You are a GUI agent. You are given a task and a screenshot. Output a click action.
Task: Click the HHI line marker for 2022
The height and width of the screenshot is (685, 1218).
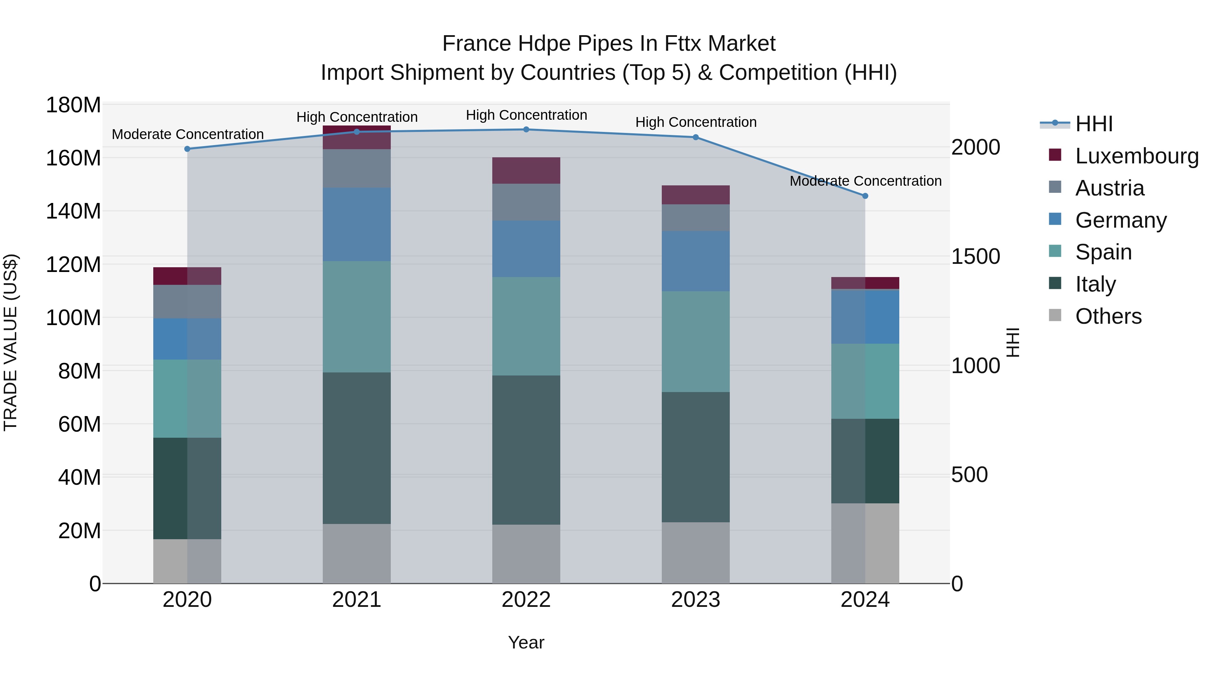click(x=526, y=130)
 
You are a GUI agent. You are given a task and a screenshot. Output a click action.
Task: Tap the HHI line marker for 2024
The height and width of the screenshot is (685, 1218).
click(x=865, y=196)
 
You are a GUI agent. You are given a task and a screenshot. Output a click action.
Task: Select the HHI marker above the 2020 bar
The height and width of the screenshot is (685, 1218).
click(x=187, y=149)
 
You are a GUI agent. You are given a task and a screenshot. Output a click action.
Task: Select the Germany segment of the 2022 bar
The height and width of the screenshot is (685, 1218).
click(x=526, y=249)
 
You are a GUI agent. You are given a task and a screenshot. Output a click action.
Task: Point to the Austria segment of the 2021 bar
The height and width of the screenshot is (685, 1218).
click(x=357, y=168)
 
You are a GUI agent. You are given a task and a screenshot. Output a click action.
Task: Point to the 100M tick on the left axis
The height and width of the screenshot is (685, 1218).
click(x=73, y=318)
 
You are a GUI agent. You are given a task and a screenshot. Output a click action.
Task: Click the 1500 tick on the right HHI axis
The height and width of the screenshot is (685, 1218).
click(x=975, y=257)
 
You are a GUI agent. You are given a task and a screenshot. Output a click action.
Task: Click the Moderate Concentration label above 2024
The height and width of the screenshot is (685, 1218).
click(x=865, y=181)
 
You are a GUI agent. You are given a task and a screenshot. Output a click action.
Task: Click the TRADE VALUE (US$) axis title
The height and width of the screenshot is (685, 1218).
click(x=10, y=342)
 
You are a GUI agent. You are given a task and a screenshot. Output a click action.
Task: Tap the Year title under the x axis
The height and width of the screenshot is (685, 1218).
click(x=526, y=643)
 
